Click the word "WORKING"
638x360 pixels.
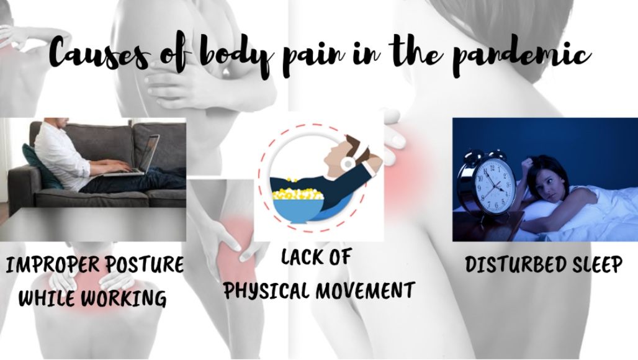(124, 298)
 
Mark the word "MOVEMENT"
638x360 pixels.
(365, 290)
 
